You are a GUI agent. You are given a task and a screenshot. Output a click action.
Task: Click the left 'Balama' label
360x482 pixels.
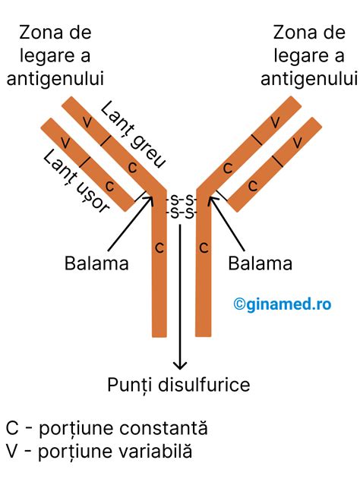tap(96, 263)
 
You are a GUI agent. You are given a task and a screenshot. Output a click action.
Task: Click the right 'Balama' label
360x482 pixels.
tap(260, 263)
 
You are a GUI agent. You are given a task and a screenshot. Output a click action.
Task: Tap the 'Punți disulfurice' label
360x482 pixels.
tap(178, 385)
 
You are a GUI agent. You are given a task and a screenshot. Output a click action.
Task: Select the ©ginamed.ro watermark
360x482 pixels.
tap(282, 304)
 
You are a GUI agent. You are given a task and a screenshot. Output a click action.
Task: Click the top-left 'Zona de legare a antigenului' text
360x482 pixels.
tap(55, 55)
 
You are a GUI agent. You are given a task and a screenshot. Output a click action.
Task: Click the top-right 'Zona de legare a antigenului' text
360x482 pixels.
tap(308, 55)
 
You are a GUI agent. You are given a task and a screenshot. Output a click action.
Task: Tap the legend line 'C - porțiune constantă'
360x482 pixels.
tap(106, 428)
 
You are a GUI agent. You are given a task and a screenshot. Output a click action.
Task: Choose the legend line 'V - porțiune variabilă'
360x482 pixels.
tap(99, 452)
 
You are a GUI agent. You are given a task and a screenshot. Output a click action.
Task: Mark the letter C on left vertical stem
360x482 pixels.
tap(159, 247)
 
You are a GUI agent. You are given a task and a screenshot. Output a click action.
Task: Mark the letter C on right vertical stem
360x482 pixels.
tap(204, 247)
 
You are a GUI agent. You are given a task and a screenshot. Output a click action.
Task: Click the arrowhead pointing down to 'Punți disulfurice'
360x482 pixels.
tap(181, 365)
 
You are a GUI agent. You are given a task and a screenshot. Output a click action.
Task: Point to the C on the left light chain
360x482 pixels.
tap(109, 185)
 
